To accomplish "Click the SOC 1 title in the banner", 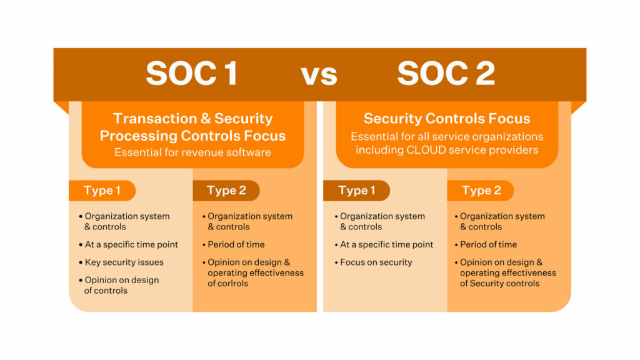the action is (192, 74).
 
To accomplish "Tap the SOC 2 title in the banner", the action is (446, 74).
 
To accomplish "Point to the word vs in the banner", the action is (319, 76).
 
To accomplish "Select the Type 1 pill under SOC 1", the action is (102, 191).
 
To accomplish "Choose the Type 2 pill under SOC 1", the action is (226, 191).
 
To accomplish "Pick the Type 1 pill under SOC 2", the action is (356, 191).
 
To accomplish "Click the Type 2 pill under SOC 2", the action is (481, 191).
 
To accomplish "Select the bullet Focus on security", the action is (374, 262).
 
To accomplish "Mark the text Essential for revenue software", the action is (192, 152).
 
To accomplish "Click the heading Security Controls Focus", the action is (447, 118).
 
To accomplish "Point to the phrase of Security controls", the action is (499, 284).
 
